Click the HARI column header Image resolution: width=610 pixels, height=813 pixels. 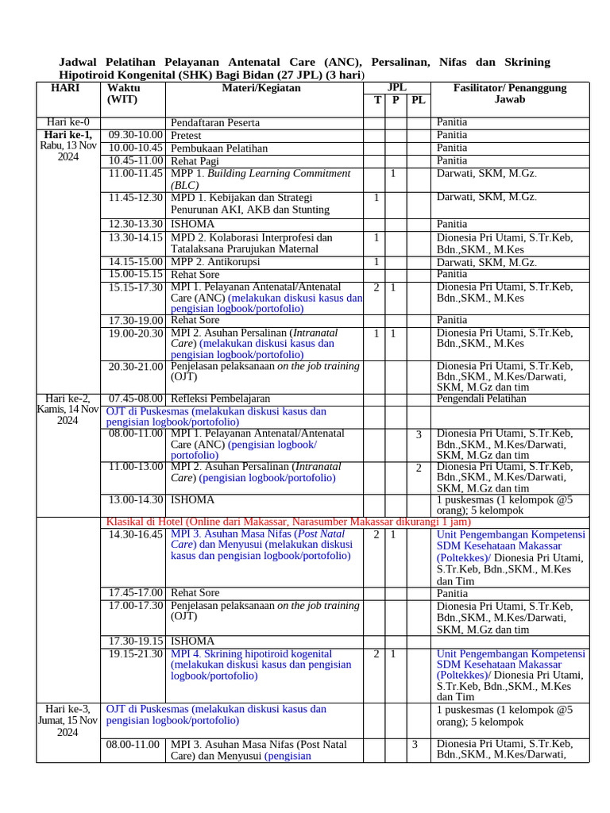point(64,88)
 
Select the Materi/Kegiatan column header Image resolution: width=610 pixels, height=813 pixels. point(261,88)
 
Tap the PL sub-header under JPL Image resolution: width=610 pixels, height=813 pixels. point(419,101)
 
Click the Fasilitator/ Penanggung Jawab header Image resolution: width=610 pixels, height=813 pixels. point(509,94)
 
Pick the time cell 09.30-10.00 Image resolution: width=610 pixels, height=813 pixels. point(136,135)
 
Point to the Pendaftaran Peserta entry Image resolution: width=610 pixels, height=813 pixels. point(215,123)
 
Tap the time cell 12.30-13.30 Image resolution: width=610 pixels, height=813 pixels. point(136,224)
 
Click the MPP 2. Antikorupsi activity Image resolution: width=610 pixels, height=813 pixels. point(214,261)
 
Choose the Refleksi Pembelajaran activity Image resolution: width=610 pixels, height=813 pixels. point(221,398)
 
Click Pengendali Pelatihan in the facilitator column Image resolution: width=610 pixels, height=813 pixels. point(481,399)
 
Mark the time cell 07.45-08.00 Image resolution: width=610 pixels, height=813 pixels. point(136,398)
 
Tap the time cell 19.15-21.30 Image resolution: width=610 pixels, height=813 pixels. point(136,653)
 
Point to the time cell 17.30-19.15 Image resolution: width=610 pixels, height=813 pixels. point(136,641)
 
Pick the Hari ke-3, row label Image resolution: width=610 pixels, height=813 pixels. point(68,708)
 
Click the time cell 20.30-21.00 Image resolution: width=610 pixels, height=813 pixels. point(136,367)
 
